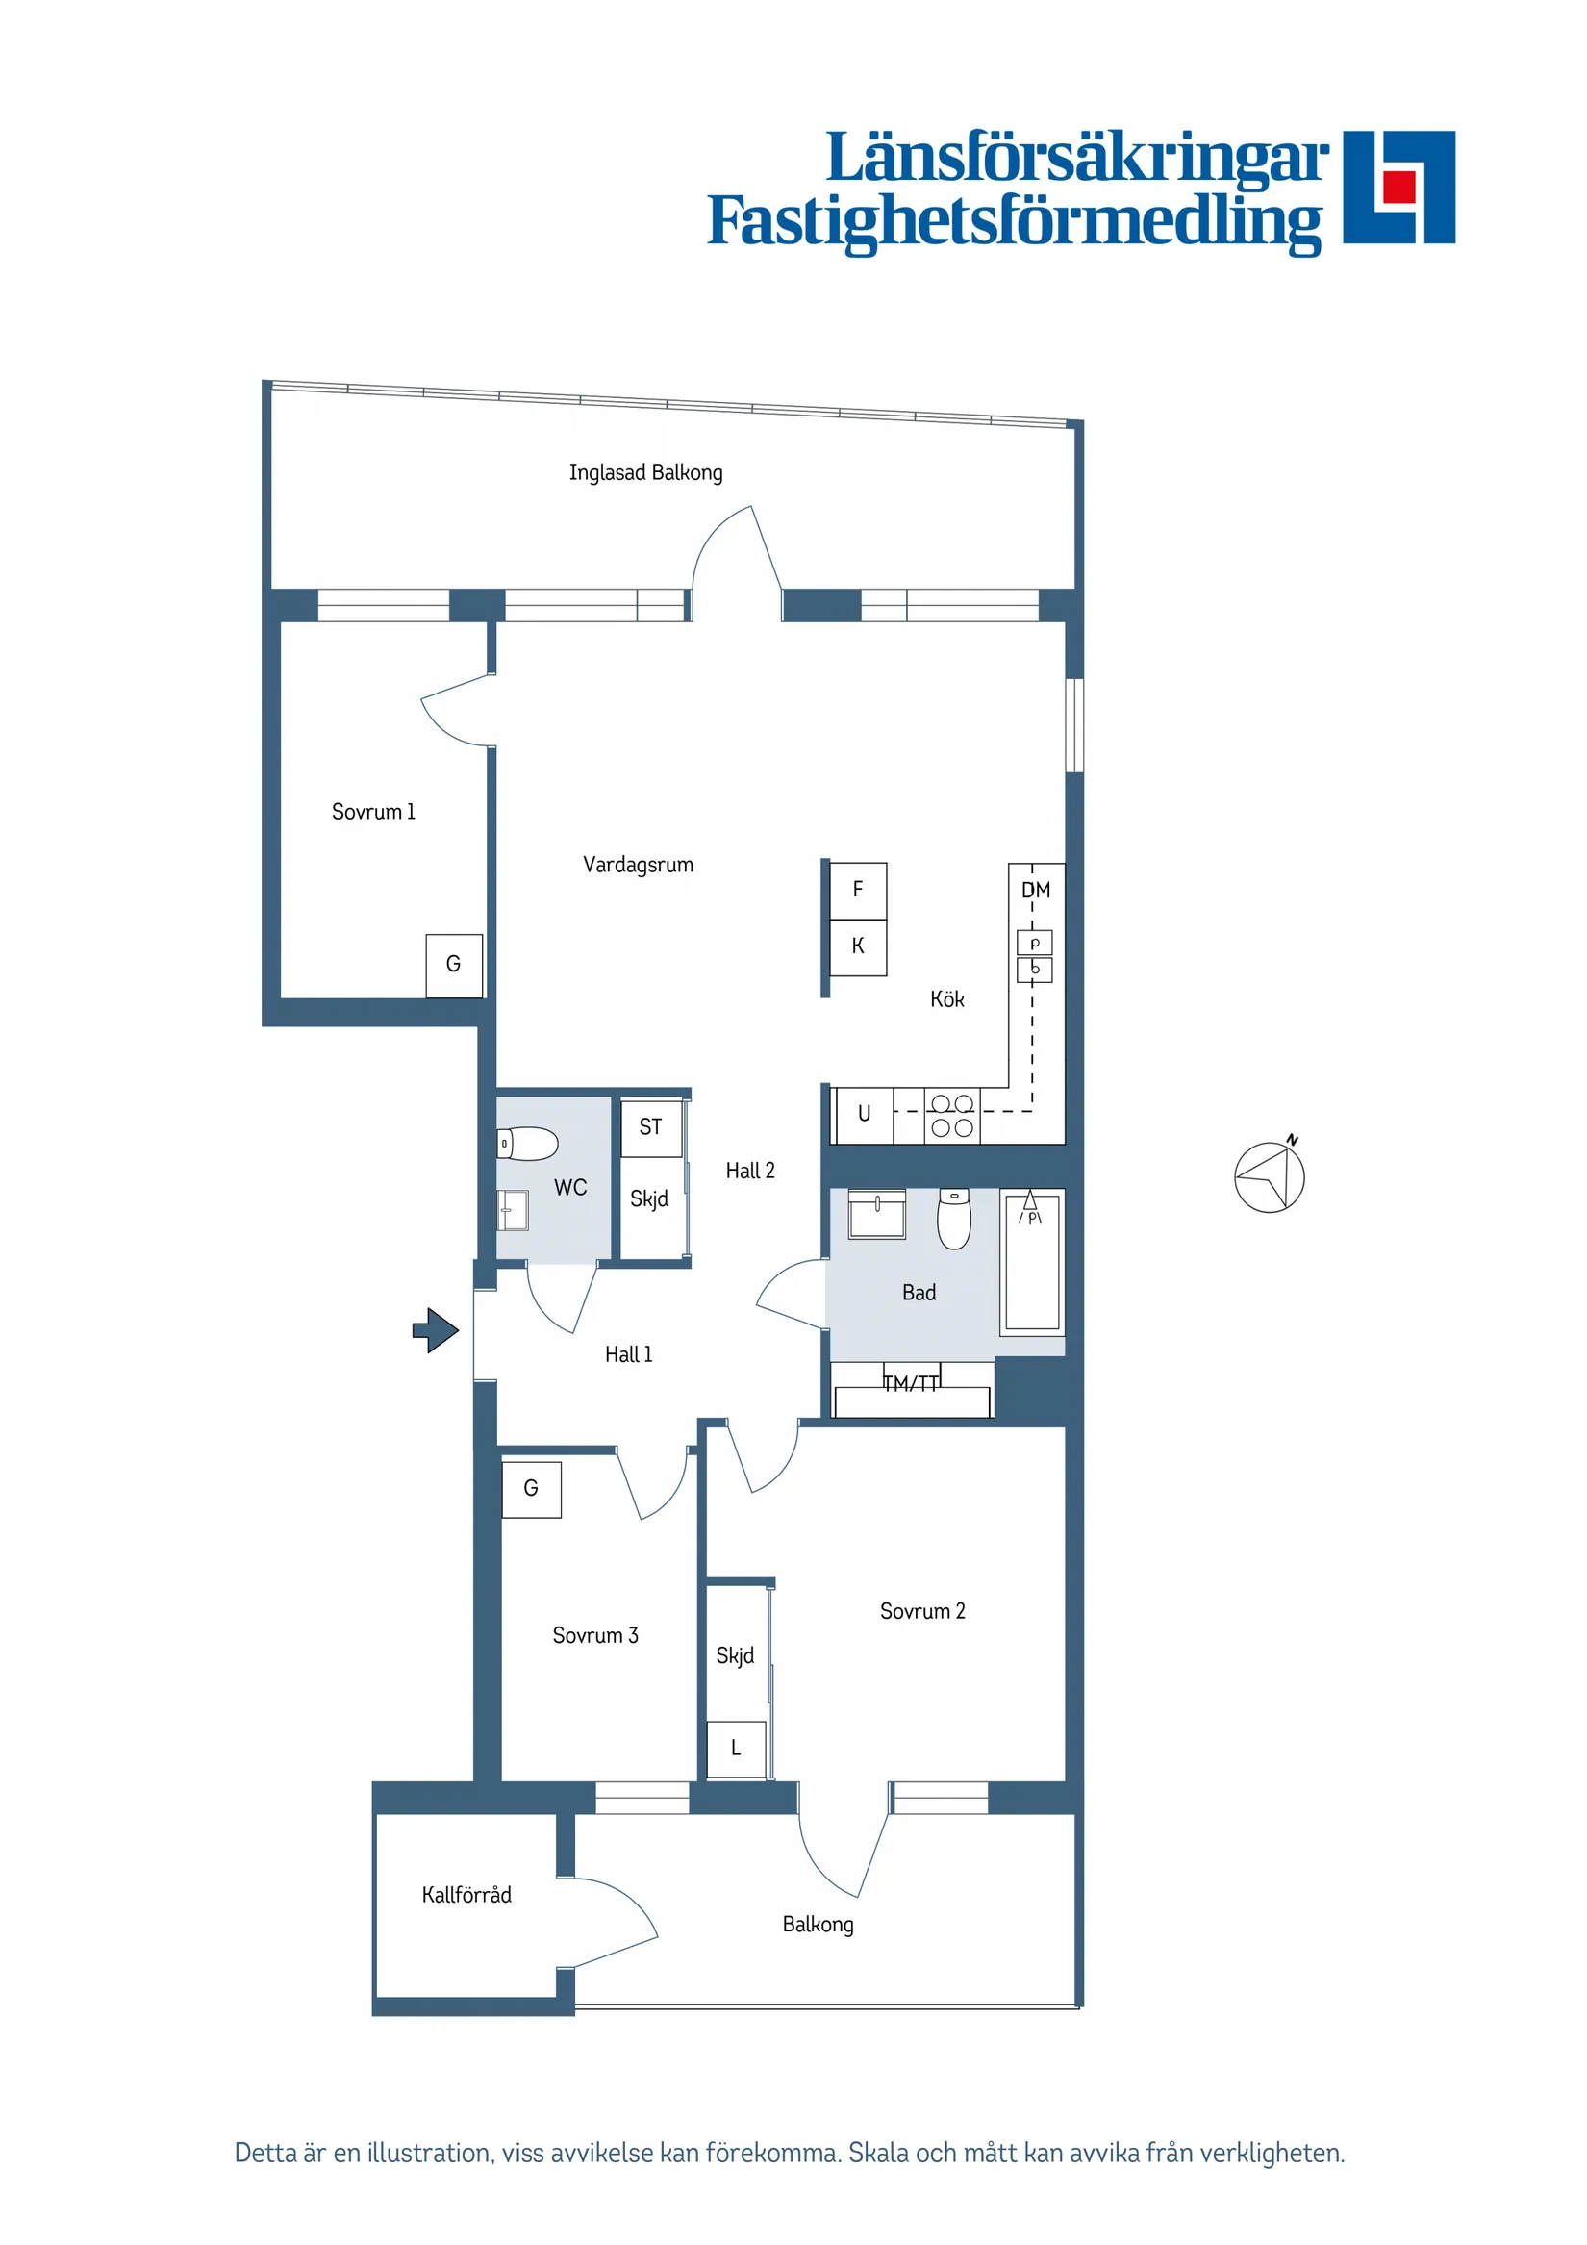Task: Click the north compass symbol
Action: tap(1269, 1176)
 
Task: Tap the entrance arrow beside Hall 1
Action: tap(435, 1330)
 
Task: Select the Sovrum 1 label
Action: tap(372, 812)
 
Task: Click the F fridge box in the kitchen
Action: tap(858, 890)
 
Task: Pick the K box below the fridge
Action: tap(858, 946)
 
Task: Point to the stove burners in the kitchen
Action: tap(951, 1116)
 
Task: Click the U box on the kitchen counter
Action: tap(864, 1114)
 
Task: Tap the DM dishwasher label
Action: tap(1036, 890)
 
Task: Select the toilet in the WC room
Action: tap(527, 1143)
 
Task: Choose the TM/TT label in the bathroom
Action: tap(910, 1383)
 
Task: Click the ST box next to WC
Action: tap(650, 1127)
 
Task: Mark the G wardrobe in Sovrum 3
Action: tap(531, 1488)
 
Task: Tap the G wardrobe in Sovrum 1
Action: tap(454, 964)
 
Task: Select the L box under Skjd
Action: tap(736, 1749)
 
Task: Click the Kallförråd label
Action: tap(466, 1895)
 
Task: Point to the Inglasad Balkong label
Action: tap(645, 473)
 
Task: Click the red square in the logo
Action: tap(1399, 185)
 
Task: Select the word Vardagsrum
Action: tap(638, 865)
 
